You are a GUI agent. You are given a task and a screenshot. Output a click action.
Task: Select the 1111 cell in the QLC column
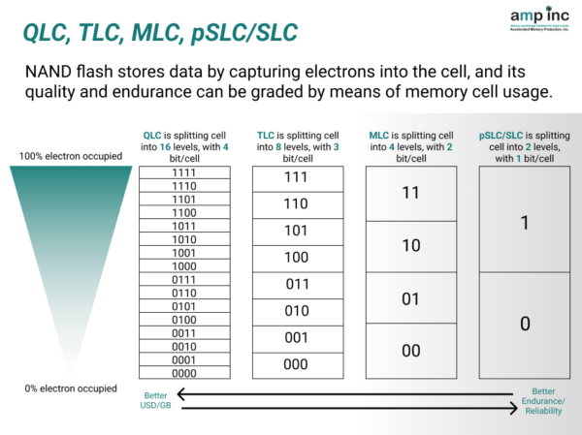184,172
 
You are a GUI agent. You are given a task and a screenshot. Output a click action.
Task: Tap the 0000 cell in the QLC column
184,373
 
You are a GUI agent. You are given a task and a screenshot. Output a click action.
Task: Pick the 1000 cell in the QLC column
184,265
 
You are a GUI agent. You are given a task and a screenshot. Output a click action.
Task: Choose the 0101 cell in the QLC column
184,306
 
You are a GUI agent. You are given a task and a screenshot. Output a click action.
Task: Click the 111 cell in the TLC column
295,178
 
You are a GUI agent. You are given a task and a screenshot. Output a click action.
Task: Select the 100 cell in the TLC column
295,258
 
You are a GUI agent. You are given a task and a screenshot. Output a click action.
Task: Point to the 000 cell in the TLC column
295,364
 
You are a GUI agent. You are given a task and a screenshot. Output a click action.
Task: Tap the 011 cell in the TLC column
295,285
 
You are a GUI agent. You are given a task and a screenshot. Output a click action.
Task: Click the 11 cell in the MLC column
410,193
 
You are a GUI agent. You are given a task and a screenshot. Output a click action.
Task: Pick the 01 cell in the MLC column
410,298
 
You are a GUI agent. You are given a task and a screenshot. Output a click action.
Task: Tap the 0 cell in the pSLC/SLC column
525,325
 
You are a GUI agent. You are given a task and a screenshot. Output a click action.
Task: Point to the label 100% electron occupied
67,156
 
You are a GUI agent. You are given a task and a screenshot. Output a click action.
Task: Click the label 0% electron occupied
67,388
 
